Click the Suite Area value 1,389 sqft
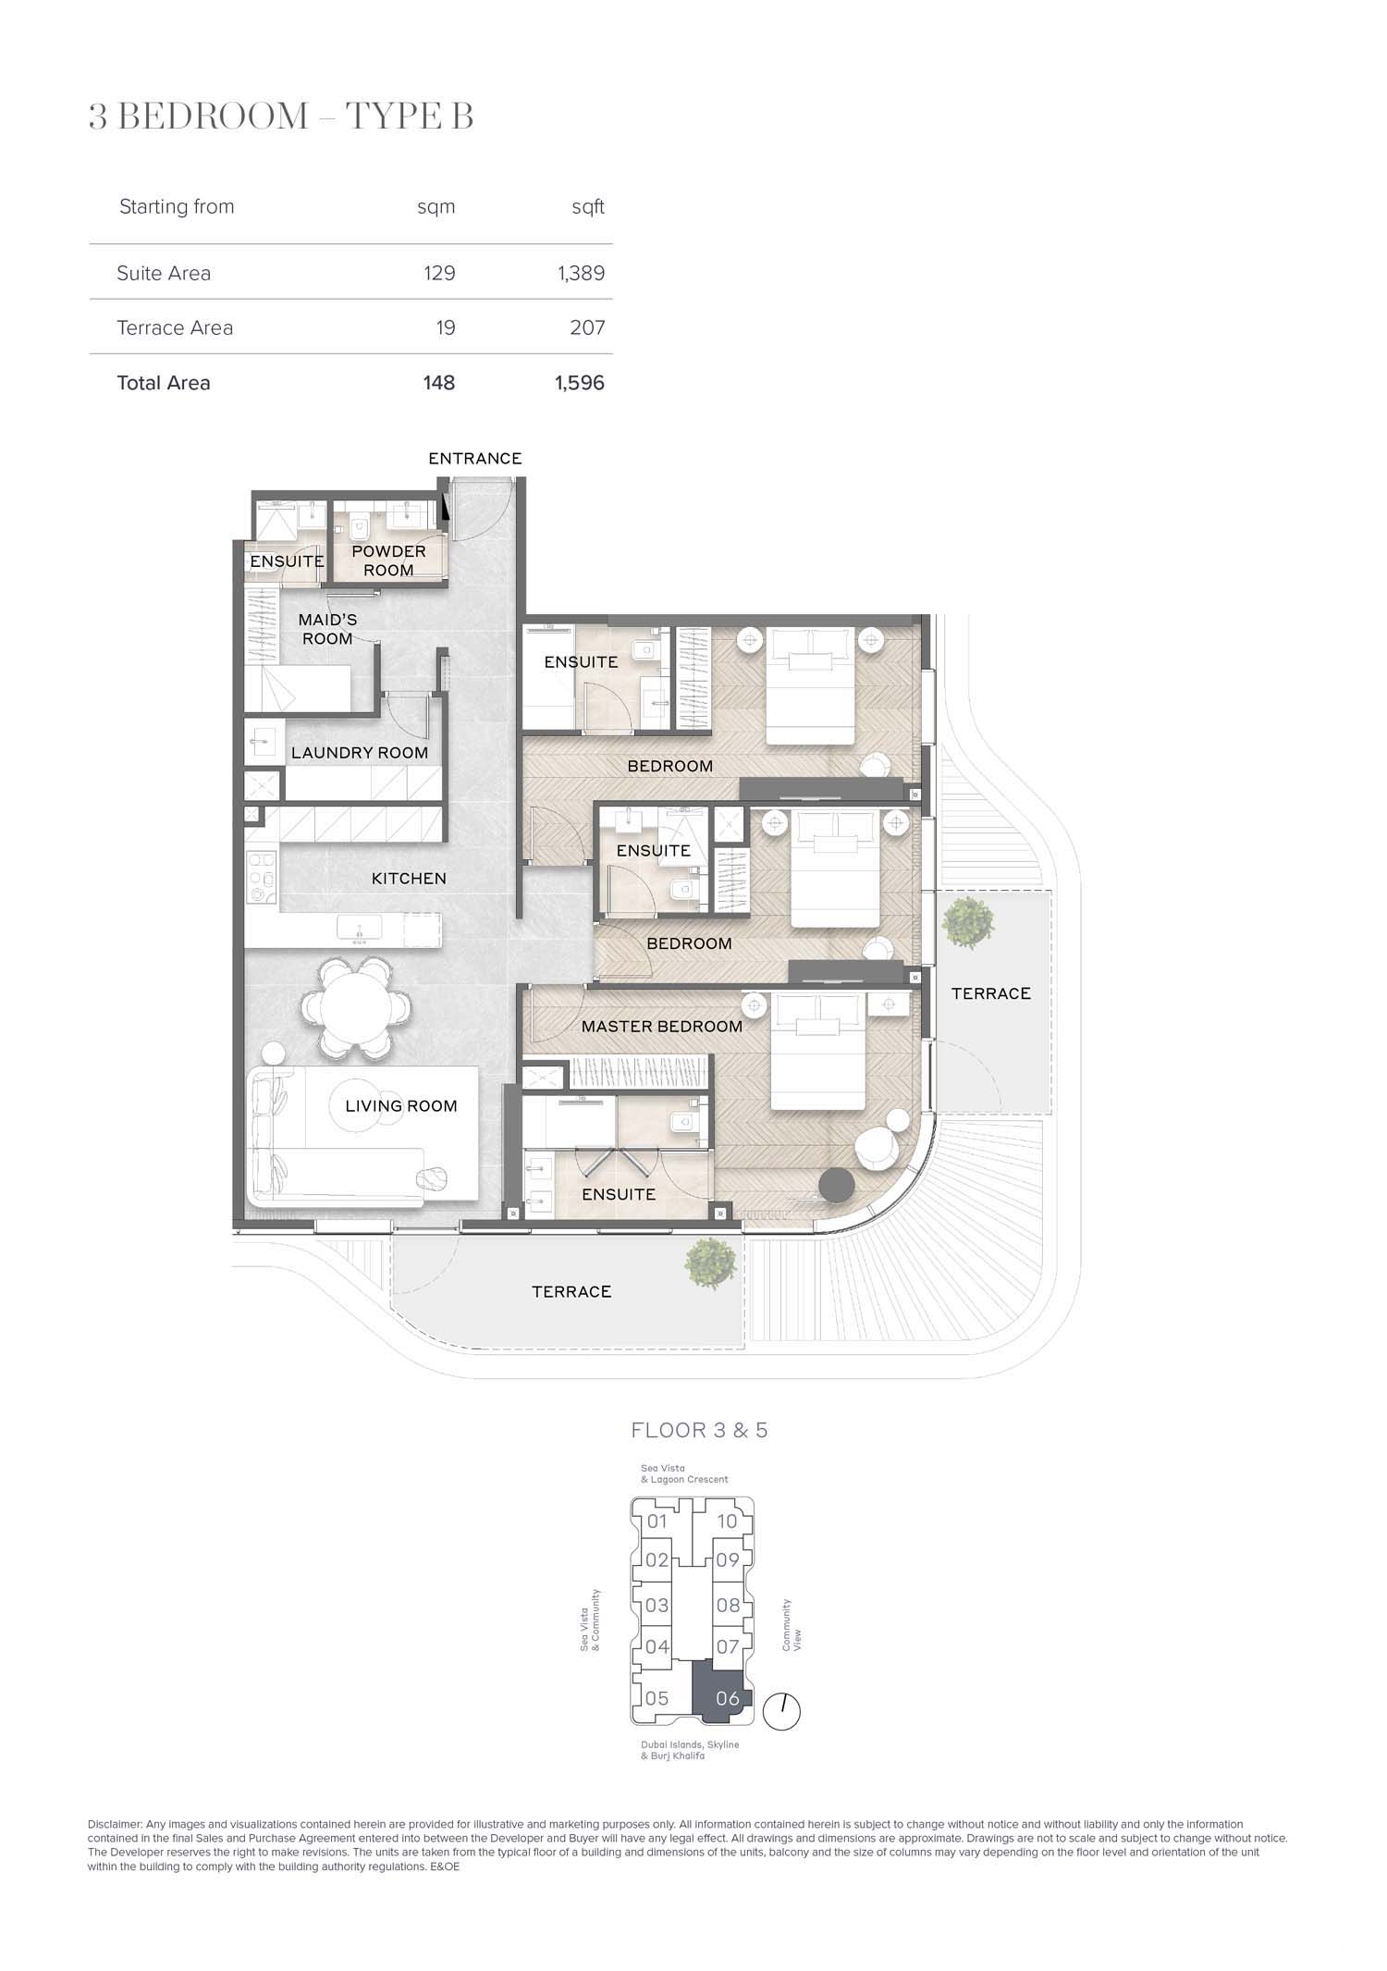click(x=581, y=273)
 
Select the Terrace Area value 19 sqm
click(x=446, y=327)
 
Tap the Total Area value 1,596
click(x=580, y=383)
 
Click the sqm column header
click(x=436, y=207)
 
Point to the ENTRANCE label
click(x=474, y=458)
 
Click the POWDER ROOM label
click(x=388, y=561)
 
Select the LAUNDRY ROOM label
click(x=360, y=753)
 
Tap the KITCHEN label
click(x=409, y=879)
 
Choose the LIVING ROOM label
click(x=401, y=1105)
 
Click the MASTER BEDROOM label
click(x=662, y=1027)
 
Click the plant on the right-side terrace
click(x=968, y=922)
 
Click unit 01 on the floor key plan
click(x=657, y=1521)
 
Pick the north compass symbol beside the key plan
click(x=782, y=1711)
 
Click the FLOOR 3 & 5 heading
click(x=699, y=1430)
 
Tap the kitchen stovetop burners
click(x=261, y=878)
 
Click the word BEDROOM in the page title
click(x=215, y=117)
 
